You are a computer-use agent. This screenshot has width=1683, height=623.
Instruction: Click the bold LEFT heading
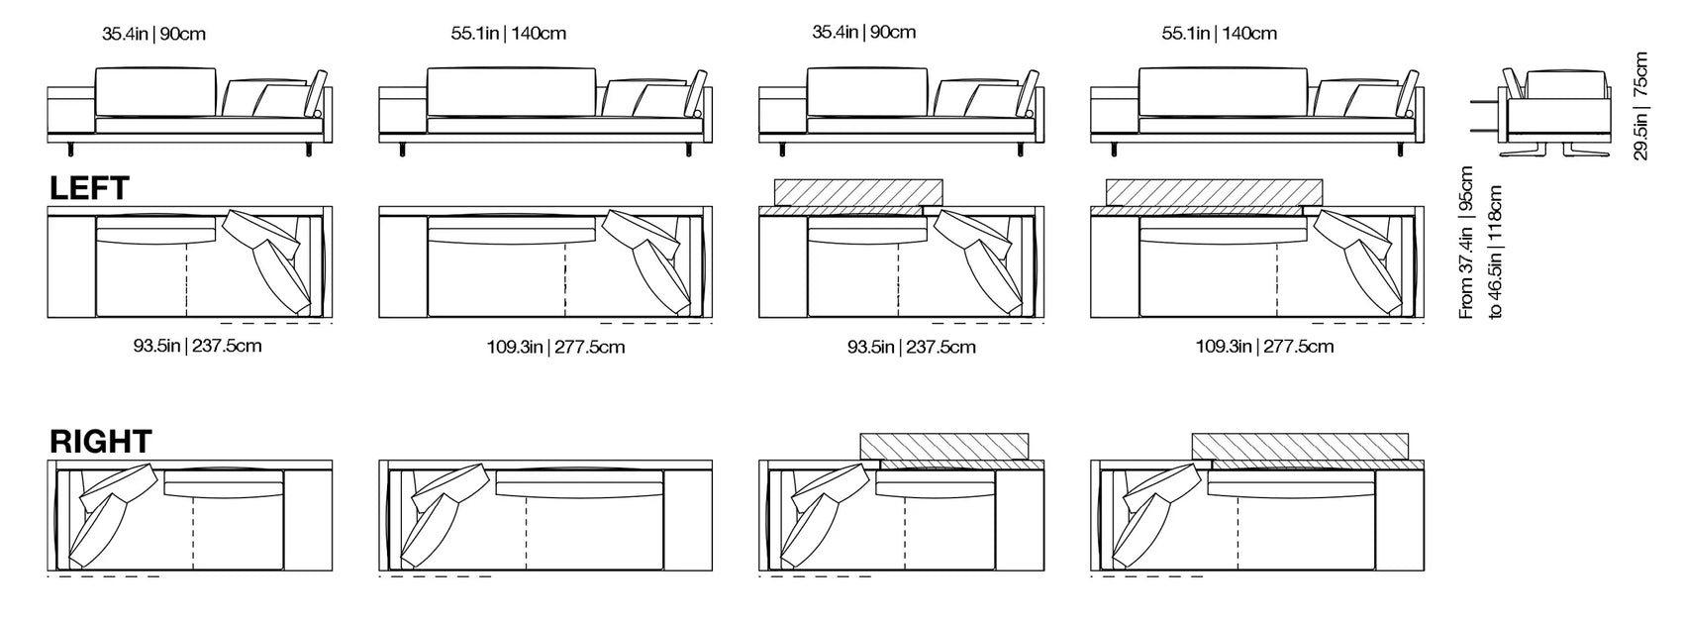[x=89, y=188]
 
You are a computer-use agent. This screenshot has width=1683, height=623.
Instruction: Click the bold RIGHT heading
[x=101, y=442]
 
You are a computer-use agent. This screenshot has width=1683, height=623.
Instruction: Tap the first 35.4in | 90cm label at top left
[x=153, y=34]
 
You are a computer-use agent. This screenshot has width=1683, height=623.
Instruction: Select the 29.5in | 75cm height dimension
[x=1641, y=106]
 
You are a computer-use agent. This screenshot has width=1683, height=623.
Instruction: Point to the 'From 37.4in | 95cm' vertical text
[x=1467, y=243]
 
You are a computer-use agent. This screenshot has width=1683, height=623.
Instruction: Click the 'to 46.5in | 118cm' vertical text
[x=1495, y=252]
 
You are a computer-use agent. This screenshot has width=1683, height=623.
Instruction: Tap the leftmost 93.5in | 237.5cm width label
[x=197, y=347]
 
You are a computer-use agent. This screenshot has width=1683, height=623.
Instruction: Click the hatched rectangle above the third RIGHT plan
[x=945, y=447]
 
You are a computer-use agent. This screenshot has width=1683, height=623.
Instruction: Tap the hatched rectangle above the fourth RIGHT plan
[x=1300, y=447]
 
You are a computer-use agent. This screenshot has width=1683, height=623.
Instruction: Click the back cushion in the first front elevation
[x=155, y=91]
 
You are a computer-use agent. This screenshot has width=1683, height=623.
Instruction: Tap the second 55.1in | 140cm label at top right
[x=1219, y=34]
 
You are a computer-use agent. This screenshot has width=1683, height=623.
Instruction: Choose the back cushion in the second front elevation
[x=511, y=91]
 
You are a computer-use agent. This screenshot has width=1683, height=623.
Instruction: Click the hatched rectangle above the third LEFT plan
[x=858, y=191]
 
